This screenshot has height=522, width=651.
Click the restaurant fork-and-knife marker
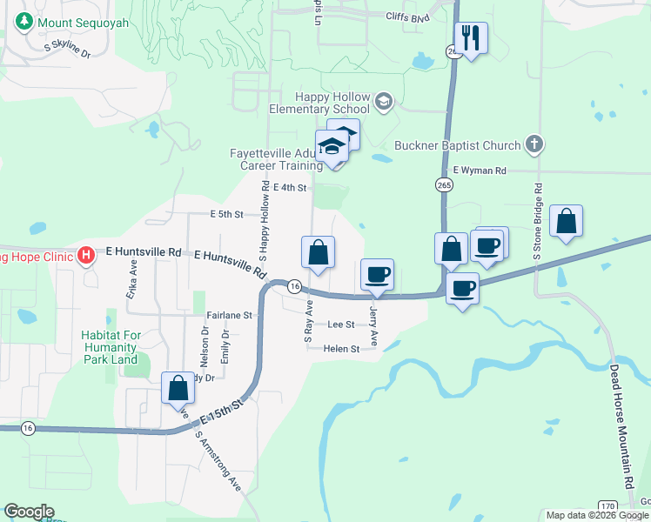[x=471, y=37]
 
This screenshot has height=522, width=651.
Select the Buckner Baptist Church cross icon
[x=534, y=145]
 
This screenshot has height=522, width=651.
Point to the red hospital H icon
[x=86, y=255]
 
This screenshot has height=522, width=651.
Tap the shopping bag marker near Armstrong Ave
[x=178, y=388]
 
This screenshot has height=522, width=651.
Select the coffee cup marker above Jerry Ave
[x=377, y=274]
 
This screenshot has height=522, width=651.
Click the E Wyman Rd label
[x=479, y=171]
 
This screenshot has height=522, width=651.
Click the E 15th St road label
[x=219, y=412]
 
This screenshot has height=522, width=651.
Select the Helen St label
[x=341, y=349]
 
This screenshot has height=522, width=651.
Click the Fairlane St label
[x=229, y=315]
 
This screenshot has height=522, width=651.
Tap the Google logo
[x=29, y=512]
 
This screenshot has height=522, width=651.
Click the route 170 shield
[x=607, y=505]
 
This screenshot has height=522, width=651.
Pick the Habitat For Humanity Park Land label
[x=110, y=346]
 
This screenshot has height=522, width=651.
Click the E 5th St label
[x=225, y=213]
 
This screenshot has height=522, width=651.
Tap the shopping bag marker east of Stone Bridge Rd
[x=566, y=221]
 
